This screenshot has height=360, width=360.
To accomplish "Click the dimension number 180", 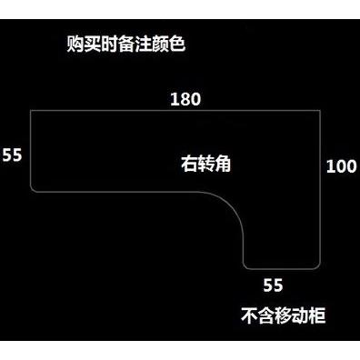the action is pos(185,99).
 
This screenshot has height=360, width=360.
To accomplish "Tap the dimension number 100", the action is pos(341,166).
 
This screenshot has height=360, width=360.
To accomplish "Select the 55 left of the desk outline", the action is pos(13,155).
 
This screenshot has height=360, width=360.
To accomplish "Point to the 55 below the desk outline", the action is pos(273,285).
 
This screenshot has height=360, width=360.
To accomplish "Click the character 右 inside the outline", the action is pos(189,164).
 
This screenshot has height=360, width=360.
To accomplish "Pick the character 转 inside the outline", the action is pos(206,164).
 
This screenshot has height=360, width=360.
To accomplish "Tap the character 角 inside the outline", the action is pos(223,164).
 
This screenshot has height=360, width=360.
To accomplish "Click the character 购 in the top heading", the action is pos(75,45).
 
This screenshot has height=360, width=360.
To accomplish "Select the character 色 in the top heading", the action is pos(177,45).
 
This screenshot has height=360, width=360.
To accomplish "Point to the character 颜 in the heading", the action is pos(160,45).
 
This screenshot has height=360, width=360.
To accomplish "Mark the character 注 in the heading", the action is pos(143,45).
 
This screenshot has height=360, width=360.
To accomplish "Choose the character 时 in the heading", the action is pos(109,45).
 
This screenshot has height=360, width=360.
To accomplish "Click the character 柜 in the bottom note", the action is pos(317,315).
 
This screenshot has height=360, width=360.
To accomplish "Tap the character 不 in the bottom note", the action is pos(249,315).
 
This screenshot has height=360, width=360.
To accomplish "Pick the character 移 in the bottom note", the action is pos(283,315).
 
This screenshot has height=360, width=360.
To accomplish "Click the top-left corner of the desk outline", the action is pos(31,111).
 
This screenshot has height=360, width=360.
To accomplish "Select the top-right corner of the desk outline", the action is pos(320,111).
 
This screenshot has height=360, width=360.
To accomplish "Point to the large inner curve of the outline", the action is pos(234,205).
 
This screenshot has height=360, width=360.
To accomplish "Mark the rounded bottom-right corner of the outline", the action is pos(317,266).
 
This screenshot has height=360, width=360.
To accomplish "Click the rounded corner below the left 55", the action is pos(33,190).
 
